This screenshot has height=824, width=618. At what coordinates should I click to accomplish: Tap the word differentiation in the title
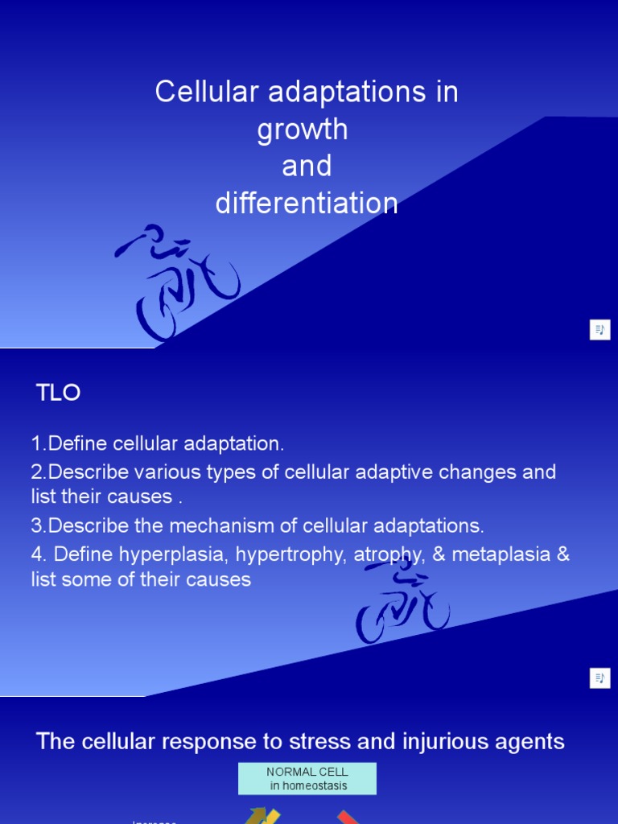307,204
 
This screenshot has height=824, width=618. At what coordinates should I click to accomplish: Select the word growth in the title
303,130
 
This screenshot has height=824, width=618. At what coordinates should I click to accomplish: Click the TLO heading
59,393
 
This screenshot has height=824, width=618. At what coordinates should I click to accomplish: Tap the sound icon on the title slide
599,330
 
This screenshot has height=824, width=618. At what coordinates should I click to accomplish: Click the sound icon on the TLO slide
599,678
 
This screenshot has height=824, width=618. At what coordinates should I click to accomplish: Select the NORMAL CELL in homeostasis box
307,779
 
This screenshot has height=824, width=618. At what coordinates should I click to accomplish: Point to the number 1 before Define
37,443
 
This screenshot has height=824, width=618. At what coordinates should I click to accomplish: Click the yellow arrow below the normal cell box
263,816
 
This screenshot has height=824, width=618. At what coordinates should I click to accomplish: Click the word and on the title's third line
307,167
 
